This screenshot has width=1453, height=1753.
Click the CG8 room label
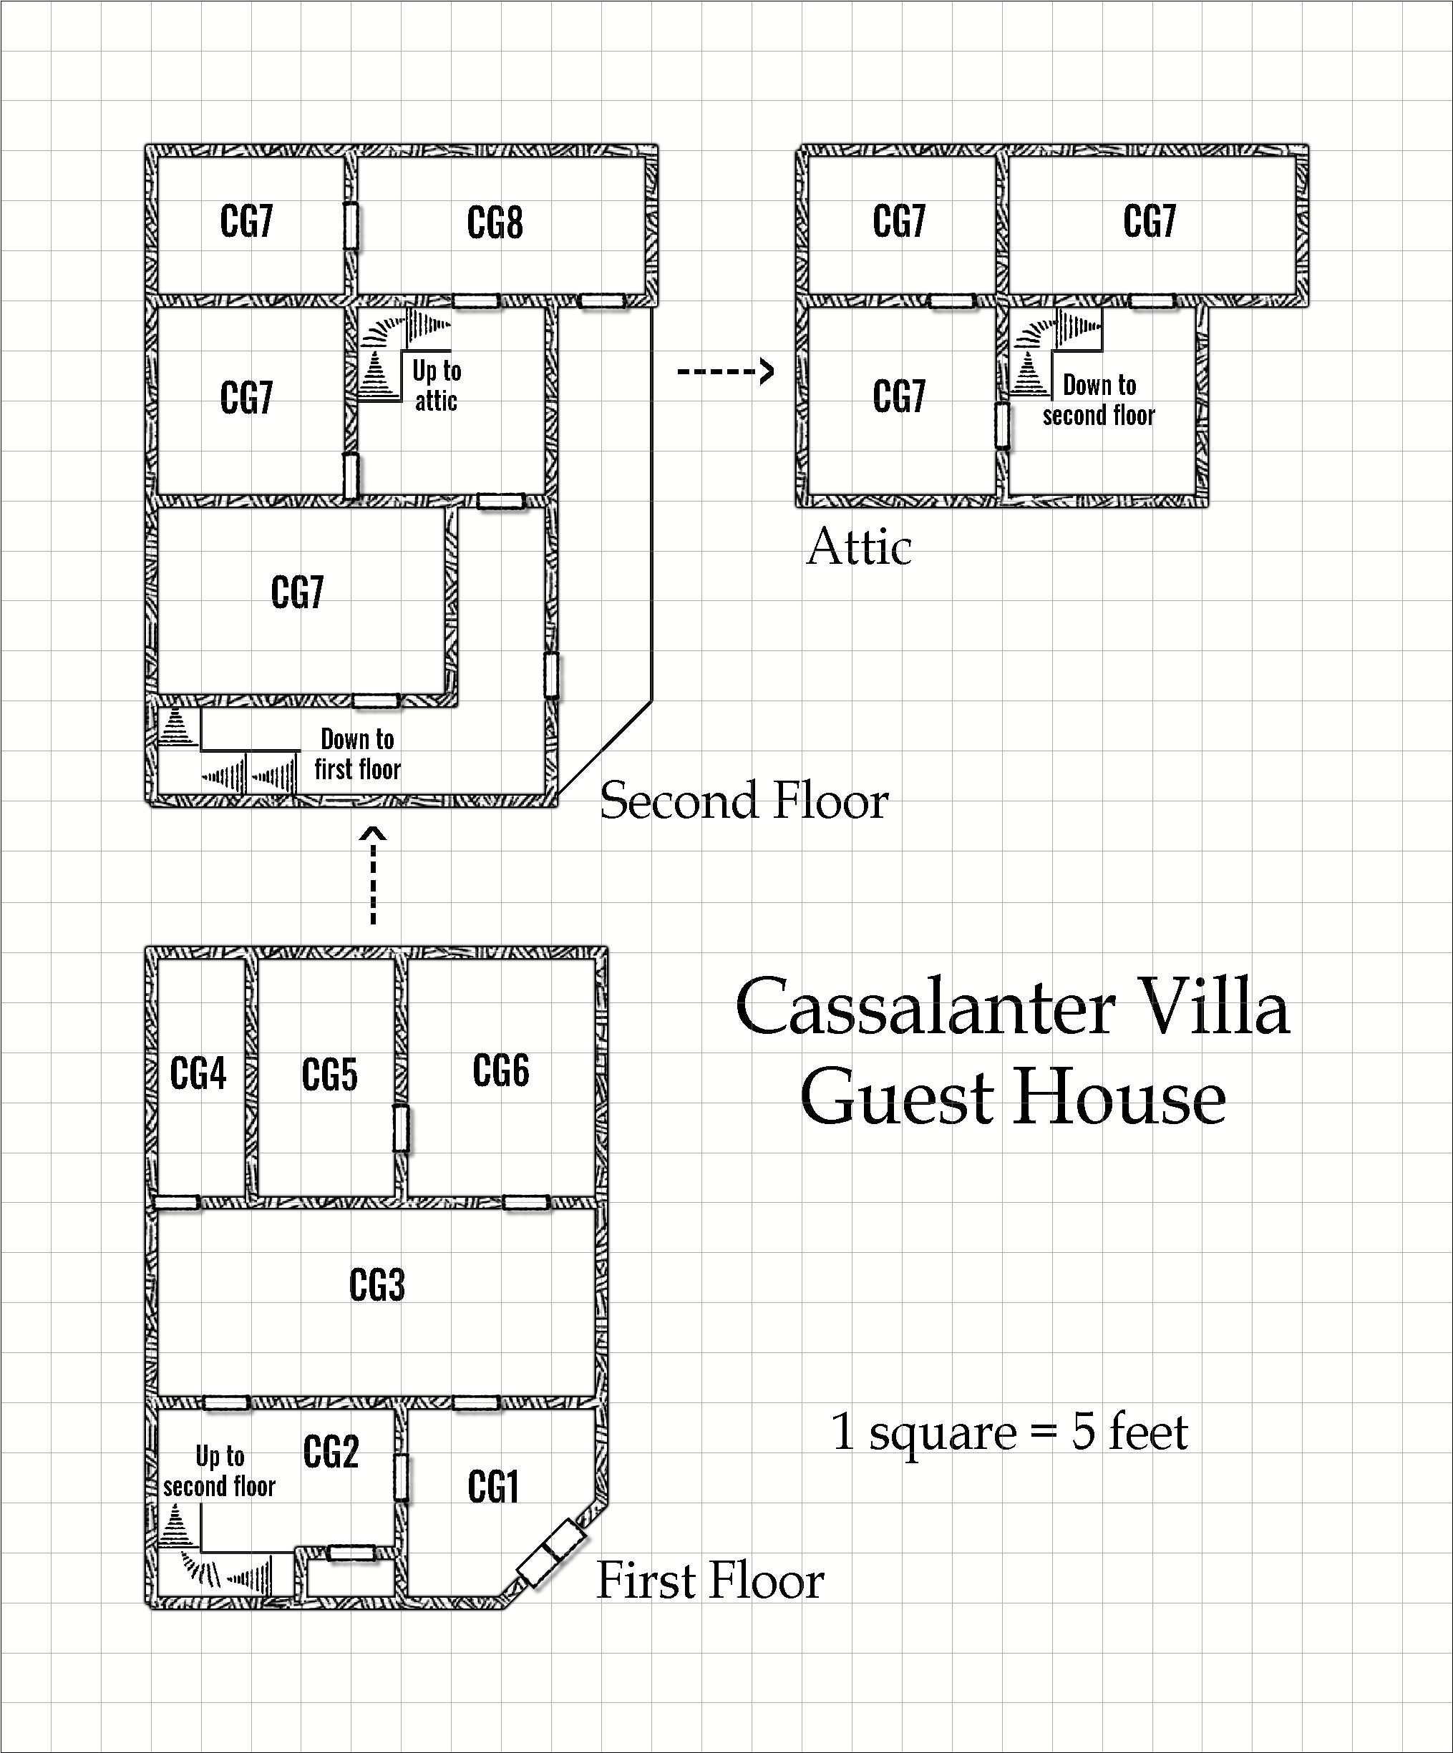(x=495, y=223)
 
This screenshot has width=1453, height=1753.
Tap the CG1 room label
(x=494, y=1487)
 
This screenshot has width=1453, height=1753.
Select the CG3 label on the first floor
(x=376, y=1285)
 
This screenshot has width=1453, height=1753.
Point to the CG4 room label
(x=198, y=1073)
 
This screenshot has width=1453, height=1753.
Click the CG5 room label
(x=330, y=1075)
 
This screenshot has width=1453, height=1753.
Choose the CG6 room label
(x=501, y=1070)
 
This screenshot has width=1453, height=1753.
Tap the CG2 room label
(x=331, y=1452)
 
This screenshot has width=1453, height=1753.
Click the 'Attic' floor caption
(x=859, y=547)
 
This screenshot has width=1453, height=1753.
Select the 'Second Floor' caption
(x=744, y=800)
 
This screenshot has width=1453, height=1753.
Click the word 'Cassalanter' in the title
(x=925, y=1006)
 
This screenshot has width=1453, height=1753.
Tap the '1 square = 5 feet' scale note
(x=1009, y=1432)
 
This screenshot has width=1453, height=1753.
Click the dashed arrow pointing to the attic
(x=725, y=371)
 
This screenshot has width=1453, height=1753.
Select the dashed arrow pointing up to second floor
(x=374, y=876)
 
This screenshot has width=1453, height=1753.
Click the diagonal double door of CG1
(x=551, y=1552)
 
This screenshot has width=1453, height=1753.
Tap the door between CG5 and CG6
(x=402, y=1128)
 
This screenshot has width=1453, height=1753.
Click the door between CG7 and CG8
(x=351, y=225)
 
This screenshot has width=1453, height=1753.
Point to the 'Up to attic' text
(x=436, y=386)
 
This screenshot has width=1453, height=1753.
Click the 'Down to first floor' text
(x=357, y=754)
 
